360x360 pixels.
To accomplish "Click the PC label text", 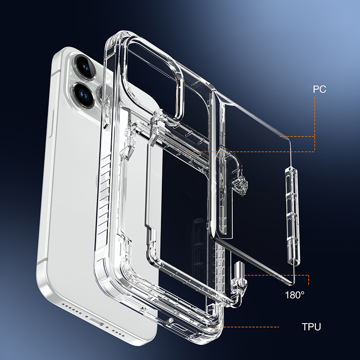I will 319,89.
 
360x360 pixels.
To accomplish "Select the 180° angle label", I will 295,296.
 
